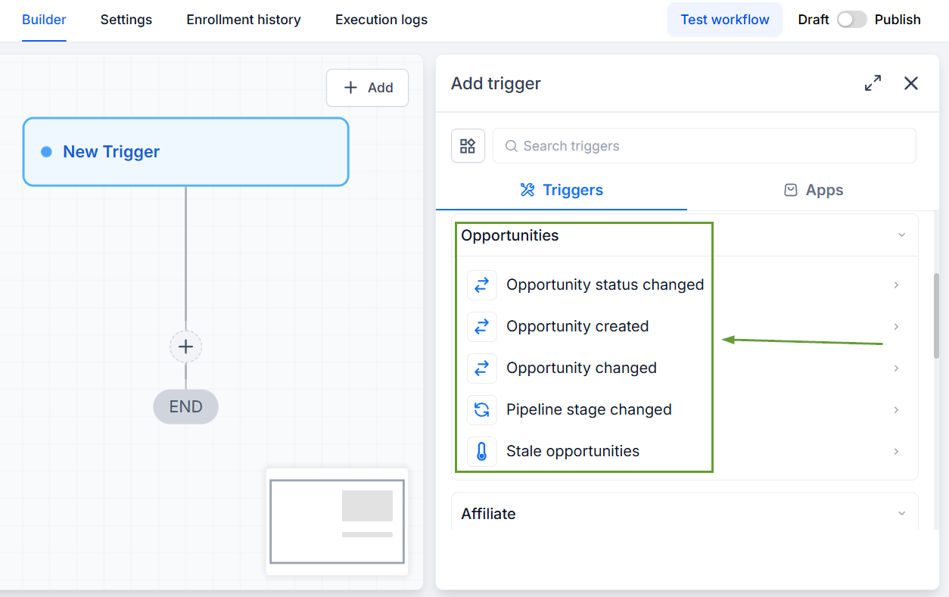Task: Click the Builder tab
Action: pyautogui.click(x=44, y=20)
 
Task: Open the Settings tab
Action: pyautogui.click(x=126, y=20)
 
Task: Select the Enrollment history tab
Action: pyautogui.click(x=244, y=20)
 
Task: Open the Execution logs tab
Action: pyautogui.click(x=381, y=20)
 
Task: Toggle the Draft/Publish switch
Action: pyautogui.click(x=851, y=20)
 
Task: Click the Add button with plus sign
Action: pyautogui.click(x=367, y=88)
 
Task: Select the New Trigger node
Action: pyautogui.click(x=185, y=151)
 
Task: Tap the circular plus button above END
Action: pyautogui.click(x=185, y=347)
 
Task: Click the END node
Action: pyautogui.click(x=185, y=407)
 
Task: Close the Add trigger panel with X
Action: pyautogui.click(x=911, y=83)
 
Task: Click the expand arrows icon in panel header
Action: pyautogui.click(x=873, y=83)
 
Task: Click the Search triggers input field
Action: pyautogui.click(x=704, y=146)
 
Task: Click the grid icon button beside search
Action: pyautogui.click(x=468, y=146)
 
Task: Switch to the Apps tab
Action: pyautogui.click(x=814, y=190)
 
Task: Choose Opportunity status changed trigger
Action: pyautogui.click(x=605, y=285)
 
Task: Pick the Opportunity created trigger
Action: pyautogui.click(x=577, y=326)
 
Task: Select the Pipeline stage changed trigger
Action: pyautogui.click(x=589, y=409)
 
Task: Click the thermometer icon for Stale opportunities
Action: pyautogui.click(x=482, y=451)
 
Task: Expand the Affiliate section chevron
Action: pyautogui.click(x=901, y=514)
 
